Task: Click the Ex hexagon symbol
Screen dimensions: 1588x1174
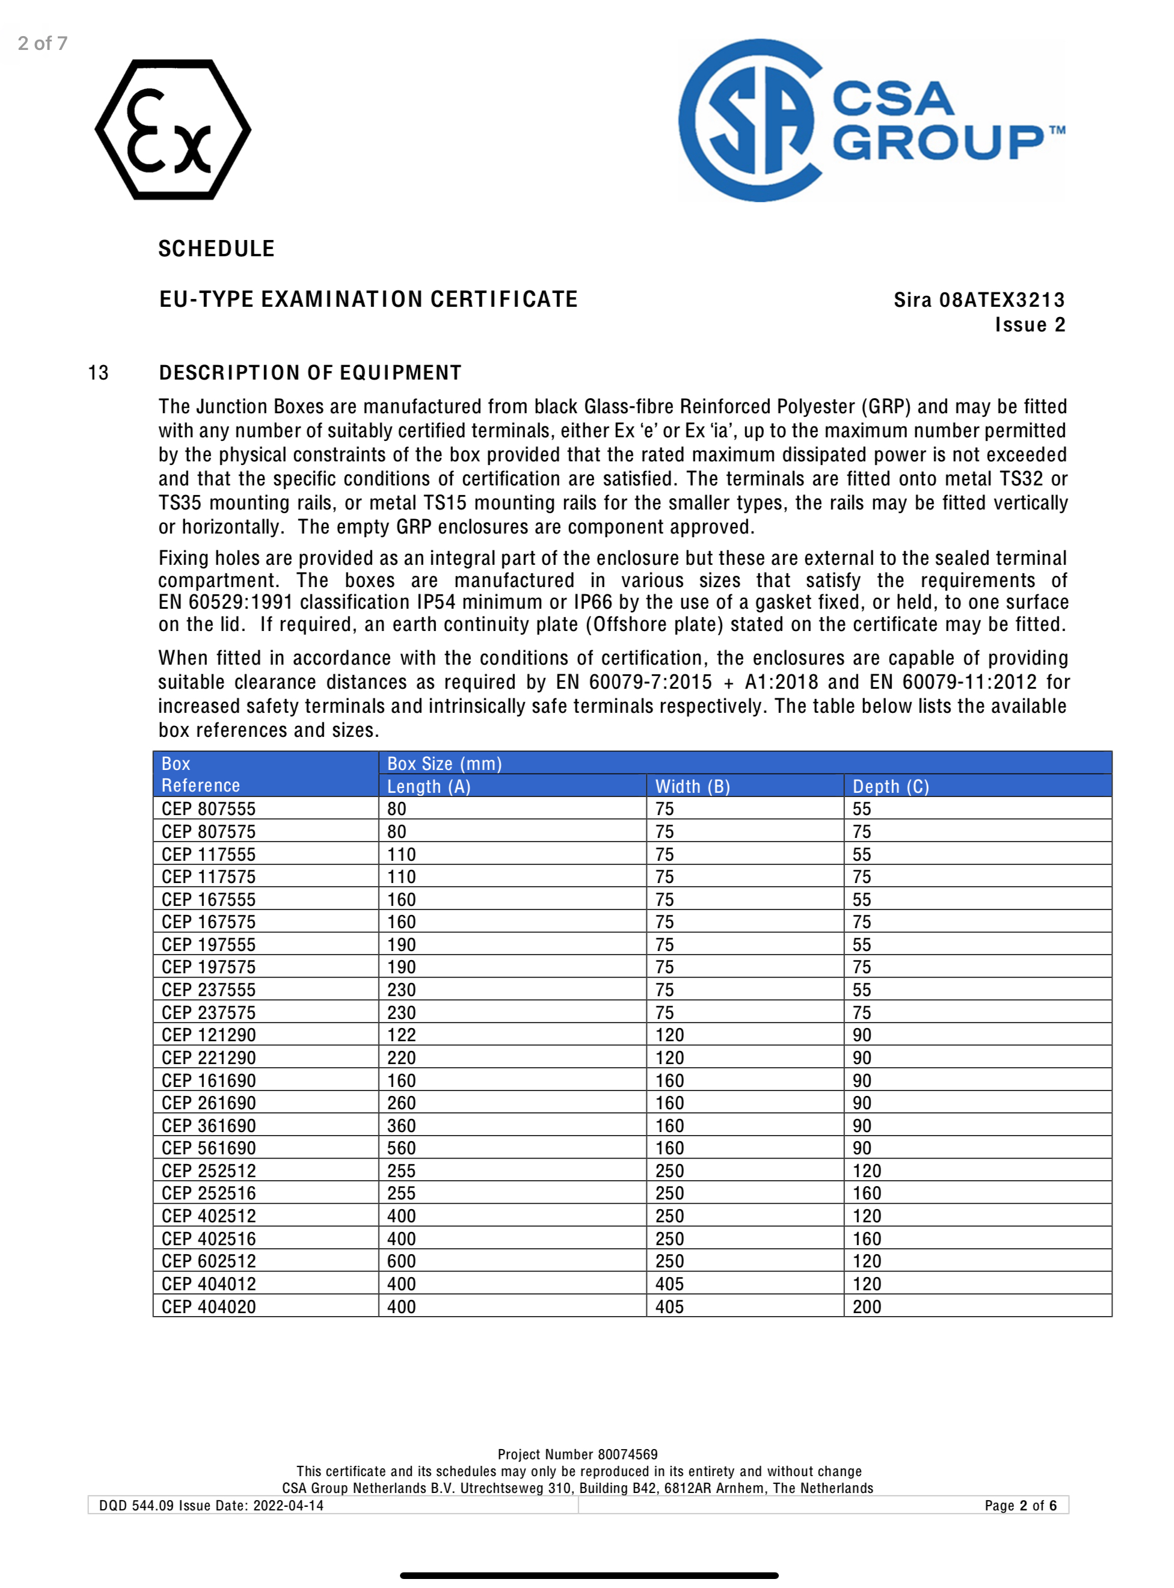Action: pos(173,129)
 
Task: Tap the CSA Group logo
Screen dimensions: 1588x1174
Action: pos(871,120)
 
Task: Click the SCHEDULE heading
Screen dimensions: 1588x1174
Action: pos(216,249)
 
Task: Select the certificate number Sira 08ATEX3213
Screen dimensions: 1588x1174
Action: pos(979,300)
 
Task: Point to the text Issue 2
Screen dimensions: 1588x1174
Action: pos(1029,325)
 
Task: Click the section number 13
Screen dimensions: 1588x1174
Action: pos(98,372)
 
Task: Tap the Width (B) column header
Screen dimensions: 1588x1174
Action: pos(692,786)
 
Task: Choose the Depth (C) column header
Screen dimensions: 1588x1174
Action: pos(891,786)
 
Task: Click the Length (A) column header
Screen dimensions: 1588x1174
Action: pos(429,786)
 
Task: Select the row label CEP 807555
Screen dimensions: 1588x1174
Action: pos(208,809)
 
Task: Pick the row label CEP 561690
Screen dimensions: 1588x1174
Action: pos(208,1148)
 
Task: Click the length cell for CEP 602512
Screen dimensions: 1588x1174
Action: pos(402,1261)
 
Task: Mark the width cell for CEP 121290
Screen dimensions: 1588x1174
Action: pos(669,1035)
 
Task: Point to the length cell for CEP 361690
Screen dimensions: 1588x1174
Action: pos(402,1126)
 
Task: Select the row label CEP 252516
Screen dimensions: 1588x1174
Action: pos(208,1193)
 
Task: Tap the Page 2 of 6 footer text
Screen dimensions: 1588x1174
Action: pos(1020,1506)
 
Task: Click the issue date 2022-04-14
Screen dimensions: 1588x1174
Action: pos(288,1506)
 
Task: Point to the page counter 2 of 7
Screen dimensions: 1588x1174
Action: pos(43,43)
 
